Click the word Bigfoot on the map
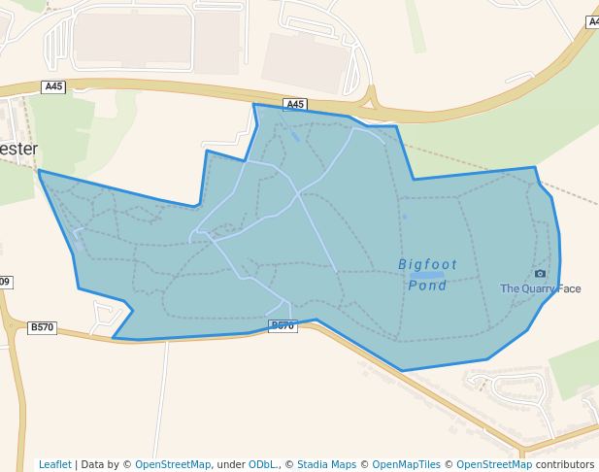point(427,264)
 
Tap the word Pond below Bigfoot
point(427,286)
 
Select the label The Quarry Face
point(540,288)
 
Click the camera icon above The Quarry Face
point(540,274)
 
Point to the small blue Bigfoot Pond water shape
point(426,276)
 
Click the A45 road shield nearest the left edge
point(53,86)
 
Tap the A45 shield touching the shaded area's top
point(295,104)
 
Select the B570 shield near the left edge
point(42,327)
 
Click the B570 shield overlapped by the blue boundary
point(282,325)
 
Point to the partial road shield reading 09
point(5,282)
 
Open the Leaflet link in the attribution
point(54,464)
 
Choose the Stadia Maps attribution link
point(327,464)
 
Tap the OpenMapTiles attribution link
point(405,464)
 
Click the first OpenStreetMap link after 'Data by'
point(172,464)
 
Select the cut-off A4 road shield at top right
point(592,21)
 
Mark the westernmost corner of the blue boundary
point(40,172)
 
